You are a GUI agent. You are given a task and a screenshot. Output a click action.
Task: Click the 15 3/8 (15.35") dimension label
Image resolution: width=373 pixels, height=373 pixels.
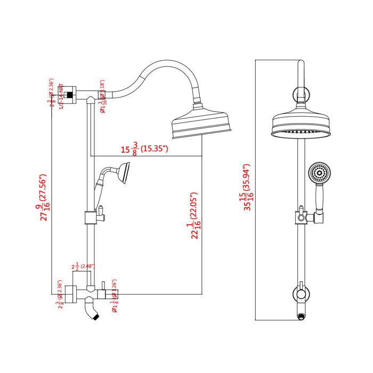[x=144, y=149]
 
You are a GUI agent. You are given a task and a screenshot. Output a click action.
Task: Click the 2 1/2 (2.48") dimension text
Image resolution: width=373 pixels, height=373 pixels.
[x=83, y=266]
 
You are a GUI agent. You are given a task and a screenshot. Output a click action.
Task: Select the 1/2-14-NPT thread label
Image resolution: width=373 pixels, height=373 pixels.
[x=62, y=96]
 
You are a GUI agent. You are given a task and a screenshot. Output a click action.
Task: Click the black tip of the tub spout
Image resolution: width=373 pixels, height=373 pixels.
[x=96, y=319]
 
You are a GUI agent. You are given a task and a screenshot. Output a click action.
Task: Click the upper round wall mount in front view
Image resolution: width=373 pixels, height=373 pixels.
[x=302, y=96]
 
